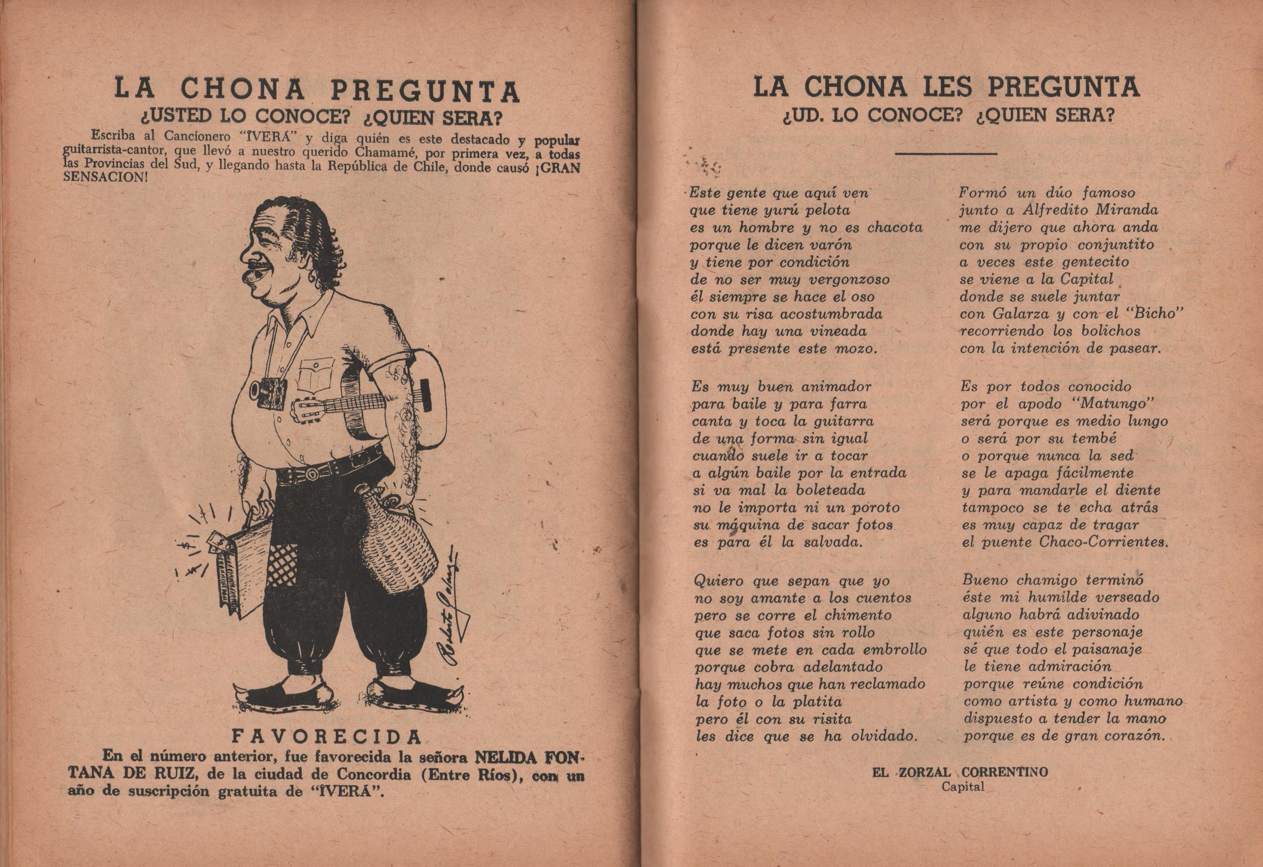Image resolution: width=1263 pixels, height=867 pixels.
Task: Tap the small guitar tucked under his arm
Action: [348, 402]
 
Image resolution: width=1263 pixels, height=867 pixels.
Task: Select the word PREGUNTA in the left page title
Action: [425, 91]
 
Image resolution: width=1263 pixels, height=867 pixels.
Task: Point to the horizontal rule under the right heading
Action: [946, 154]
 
